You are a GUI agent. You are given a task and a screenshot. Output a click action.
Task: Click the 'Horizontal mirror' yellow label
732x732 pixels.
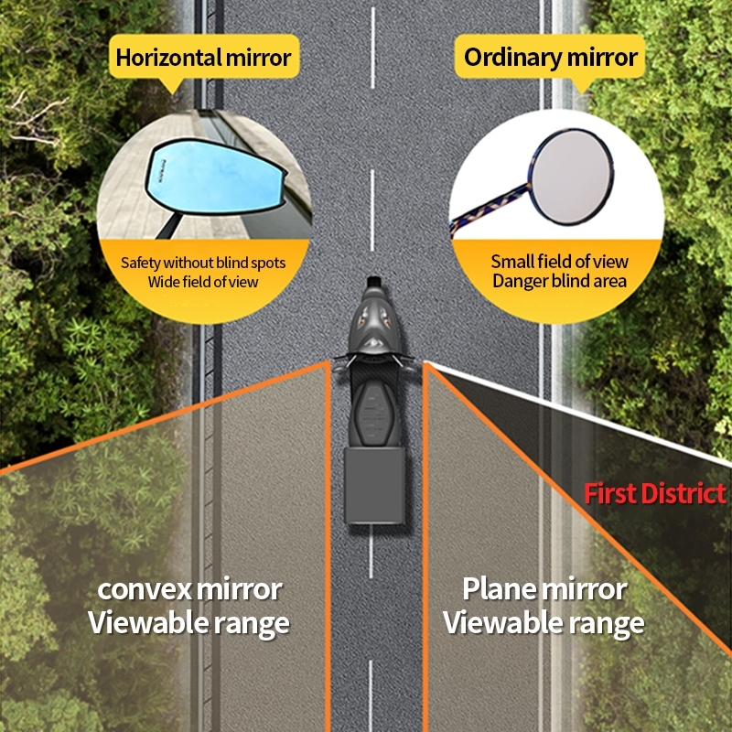[203, 59]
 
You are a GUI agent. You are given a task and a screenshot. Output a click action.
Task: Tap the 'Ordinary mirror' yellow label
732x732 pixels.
[550, 58]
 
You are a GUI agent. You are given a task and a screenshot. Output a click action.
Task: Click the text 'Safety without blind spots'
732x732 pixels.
[203, 263]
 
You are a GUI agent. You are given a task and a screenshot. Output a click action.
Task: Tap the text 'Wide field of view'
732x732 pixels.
[203, 282]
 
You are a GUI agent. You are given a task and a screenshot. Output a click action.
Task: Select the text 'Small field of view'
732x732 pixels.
[559, 262]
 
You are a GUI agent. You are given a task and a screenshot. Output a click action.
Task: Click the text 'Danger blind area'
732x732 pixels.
[559, 281]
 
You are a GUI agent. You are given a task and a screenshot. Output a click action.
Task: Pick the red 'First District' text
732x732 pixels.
[655, 494]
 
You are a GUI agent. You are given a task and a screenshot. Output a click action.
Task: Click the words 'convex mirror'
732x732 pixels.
[189, 589]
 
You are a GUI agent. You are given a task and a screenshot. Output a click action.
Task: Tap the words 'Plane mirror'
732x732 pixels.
[544, 588]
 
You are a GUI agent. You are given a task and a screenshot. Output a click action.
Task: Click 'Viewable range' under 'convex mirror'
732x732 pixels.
[188, 623]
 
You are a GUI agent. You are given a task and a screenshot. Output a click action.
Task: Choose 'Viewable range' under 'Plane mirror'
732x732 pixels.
[544, 623]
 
